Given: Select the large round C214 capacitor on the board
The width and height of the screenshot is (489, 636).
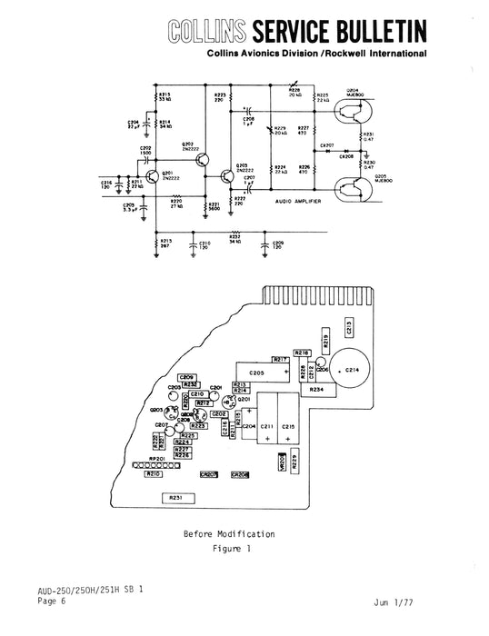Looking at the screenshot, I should [349, 372].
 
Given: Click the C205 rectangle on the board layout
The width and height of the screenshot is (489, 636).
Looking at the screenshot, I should [256, 373].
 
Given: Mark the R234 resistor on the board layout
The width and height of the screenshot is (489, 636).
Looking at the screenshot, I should [315, 390].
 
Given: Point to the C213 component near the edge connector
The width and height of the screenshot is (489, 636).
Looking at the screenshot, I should [349, 328].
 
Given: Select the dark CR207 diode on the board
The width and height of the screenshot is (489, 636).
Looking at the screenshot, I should [208, 474].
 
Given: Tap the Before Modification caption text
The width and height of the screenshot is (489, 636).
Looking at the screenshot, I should [229, 533].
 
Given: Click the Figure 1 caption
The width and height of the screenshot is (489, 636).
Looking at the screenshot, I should [230, 549].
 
